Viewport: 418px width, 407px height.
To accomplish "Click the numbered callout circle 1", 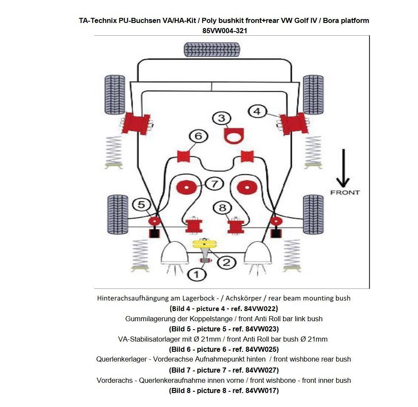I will coord(196,274).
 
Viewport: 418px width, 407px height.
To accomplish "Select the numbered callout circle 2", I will coord(226,262).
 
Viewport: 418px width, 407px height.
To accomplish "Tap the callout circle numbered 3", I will coord(221,118).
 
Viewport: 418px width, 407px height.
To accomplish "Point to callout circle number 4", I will coord(257,111).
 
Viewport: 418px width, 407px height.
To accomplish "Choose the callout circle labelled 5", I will coord(141,205).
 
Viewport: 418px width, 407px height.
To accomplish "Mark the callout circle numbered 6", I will coord(198,137).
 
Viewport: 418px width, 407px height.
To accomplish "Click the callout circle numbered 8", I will coord(223,208).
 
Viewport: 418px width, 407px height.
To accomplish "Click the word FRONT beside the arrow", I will coord(345,192).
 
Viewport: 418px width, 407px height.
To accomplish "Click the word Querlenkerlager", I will coord(120,359).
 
